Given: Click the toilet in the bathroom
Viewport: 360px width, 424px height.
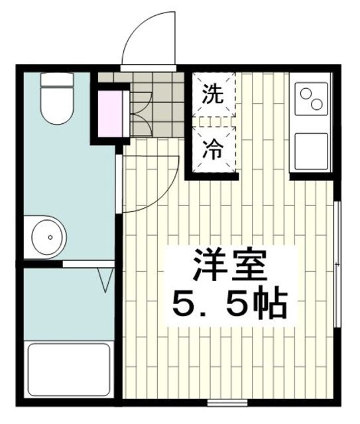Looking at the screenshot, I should pos(56,106).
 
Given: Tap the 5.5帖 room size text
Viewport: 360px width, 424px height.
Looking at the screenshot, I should pos(229,304).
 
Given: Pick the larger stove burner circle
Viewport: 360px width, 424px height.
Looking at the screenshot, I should pos(317,104).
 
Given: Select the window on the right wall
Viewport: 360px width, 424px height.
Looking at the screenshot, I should pos(337,265).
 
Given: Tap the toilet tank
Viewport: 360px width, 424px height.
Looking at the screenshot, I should pos(56,82).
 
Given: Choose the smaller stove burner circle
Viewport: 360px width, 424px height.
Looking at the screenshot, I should pos(306,93).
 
